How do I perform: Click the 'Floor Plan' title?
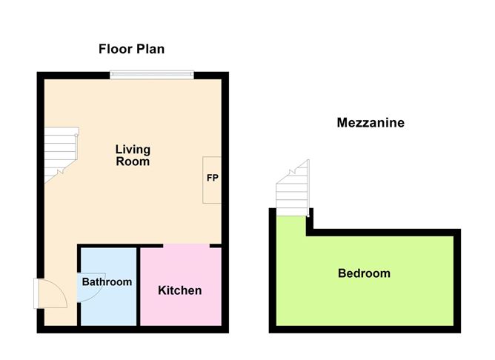coord(132,49)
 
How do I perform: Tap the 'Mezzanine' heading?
coord(371,123)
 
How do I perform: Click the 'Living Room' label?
coord(133,155)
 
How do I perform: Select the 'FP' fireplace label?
coord(212,179)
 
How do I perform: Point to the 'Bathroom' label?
coord(107,282)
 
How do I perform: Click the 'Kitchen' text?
coord(180,290)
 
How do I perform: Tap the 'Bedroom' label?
coord(364,273)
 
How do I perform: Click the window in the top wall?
coord(152,74)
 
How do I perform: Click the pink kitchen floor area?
coord(181,307)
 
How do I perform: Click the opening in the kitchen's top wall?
coord(187,245)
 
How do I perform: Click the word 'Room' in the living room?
coord(133,161)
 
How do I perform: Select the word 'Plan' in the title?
coord(150,49)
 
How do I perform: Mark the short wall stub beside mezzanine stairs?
coord(310,221)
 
